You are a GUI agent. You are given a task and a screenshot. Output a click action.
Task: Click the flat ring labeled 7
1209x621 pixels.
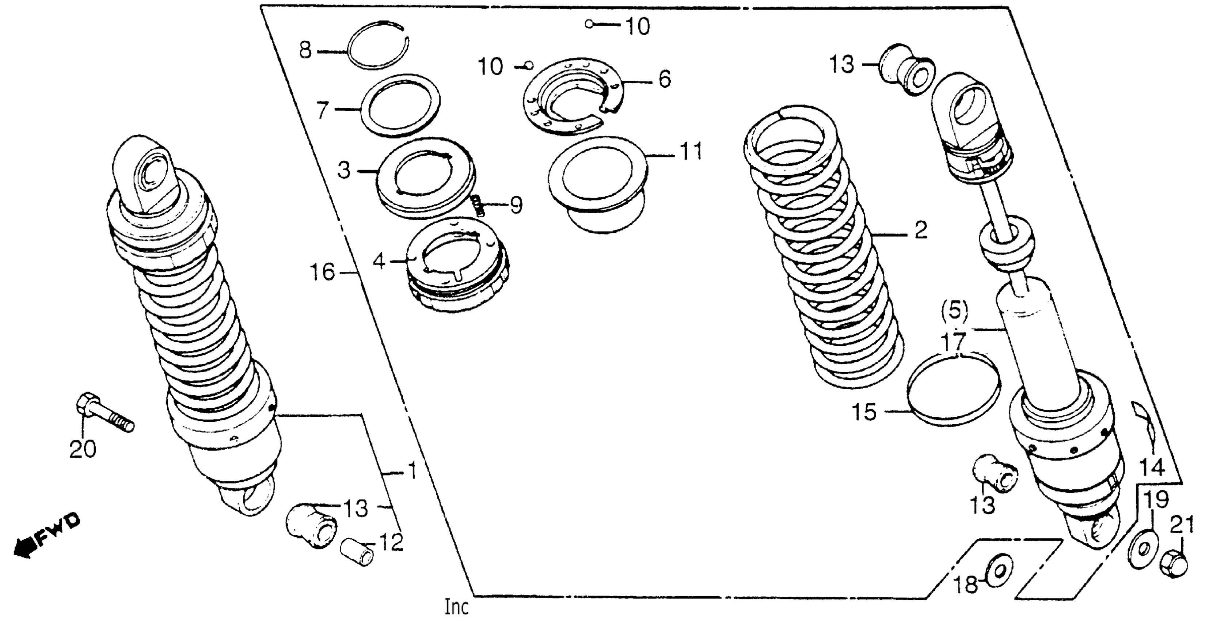click(401, 106)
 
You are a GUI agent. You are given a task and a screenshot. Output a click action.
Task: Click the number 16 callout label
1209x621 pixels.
click(323, 273)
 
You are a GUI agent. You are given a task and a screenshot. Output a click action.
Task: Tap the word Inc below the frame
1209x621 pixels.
click(457, 607)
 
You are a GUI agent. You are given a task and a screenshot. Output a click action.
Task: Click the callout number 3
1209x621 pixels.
click(344, 171)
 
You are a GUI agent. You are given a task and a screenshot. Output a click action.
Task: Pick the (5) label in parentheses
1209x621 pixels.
click(955, 311)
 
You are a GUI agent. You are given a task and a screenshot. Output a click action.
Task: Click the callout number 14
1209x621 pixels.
click(1152, 468)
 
